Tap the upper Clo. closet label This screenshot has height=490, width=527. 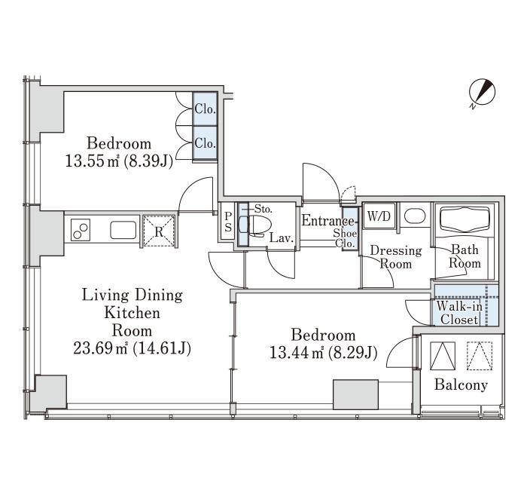pyautogui.click(x=205, y=109)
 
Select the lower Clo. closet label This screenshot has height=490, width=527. pyautogui.click(x=205, y=143)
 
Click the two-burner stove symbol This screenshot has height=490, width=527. pyautogui.click(x=81, y=230)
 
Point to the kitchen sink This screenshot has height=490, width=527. pyautogui.click(x=123, y=230)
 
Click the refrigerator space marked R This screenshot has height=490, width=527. pyautogui.click(x=159, y=231)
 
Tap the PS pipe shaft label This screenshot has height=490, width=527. pyautogui.click(x=228, y=222)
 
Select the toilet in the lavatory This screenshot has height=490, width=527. pyautogui.click(x=254, y=225)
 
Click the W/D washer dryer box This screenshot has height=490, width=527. pyautogui.click(x=379, y=216)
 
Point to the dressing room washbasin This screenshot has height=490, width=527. pyautogui.click(x=415, y=216)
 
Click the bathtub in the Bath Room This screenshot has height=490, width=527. pyautogui.click(x=465, y=219)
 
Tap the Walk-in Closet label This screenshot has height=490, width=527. pyautogui.click(x=459, y=313)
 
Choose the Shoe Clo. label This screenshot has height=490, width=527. pyautogui.click(x=345, y=238)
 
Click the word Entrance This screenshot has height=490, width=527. pyautogui.click(x=328, y=220)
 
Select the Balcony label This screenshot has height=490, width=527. pyautogui.click(x=461, y=384)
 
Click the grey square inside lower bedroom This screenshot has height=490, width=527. pyautogui.click(x=355, y=394)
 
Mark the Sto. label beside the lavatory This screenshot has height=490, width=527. pyautogui.click(x=263, y=209)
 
